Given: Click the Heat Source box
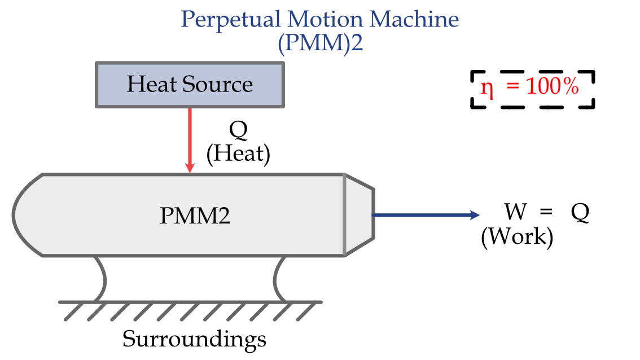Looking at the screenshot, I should (189, 85).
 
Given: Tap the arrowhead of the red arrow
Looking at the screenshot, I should (190, 168).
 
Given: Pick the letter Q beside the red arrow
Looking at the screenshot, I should (238, 131).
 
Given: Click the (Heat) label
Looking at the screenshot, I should (238, 154).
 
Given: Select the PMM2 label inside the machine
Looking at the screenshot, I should (195, 216).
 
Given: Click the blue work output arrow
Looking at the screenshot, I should (423, 215).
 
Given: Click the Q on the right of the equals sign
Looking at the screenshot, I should (580, 213).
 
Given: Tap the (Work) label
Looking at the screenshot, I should (516, 236).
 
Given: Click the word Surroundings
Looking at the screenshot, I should (195, 339).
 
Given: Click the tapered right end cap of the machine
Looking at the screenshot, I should (358, 215).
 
